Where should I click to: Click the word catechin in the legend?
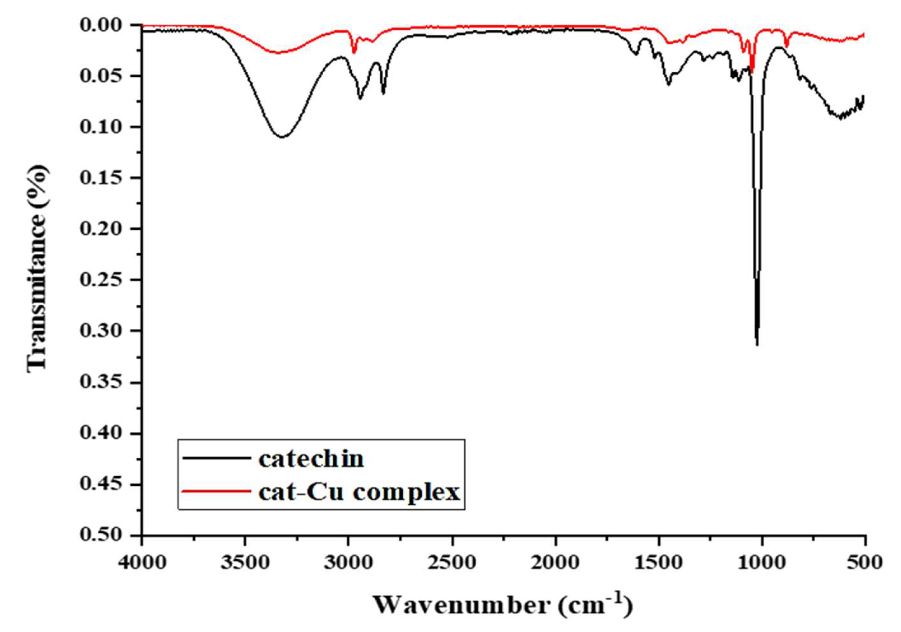pos(311,459)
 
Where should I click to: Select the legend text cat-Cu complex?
pos(359,492)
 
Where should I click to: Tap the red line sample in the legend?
pos(217,490)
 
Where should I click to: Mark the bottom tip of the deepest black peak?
pos(757,345)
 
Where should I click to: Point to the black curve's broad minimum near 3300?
pos(282,137)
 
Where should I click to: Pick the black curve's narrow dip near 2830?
pos(383,93)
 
